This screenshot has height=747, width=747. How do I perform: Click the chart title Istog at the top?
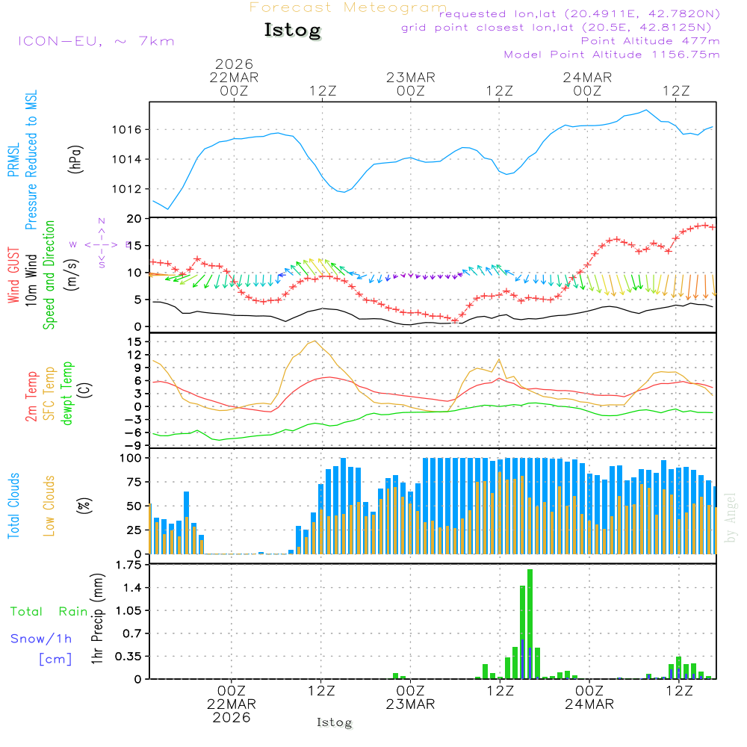(x=292, y=31)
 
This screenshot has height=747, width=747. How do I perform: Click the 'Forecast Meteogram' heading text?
(x=348, y=7)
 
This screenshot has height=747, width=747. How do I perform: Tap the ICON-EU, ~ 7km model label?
(x=96, y=41)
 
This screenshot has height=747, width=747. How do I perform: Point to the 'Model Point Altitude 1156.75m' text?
(x=612, y=55)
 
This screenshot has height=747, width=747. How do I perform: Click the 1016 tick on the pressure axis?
(x=128, y=130)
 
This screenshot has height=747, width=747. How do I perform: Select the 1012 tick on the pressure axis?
(x=128, y=189)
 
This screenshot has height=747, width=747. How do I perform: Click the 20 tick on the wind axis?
(x=134, y=219)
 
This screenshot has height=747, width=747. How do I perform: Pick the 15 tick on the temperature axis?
(x=134, y=341)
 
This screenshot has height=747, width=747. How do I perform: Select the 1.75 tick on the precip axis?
(x=128, y=565)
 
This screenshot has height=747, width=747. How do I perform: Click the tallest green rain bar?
(x=530, y=624)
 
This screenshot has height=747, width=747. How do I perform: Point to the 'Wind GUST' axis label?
(x=14, y=276)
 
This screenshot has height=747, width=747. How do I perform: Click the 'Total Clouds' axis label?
(x=14, y=506)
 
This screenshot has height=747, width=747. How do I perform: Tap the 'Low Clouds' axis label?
(x=49, y=504)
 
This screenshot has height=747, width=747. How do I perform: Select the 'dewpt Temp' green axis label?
(x=67, y=393)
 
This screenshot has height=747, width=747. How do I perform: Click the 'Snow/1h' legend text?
(x=42, y=639)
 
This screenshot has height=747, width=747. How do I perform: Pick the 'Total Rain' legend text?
(x=49, y=612)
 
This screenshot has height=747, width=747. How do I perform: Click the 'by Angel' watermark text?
(x=731, y=518)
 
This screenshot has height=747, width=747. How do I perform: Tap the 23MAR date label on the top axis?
(x=411, y=77)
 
